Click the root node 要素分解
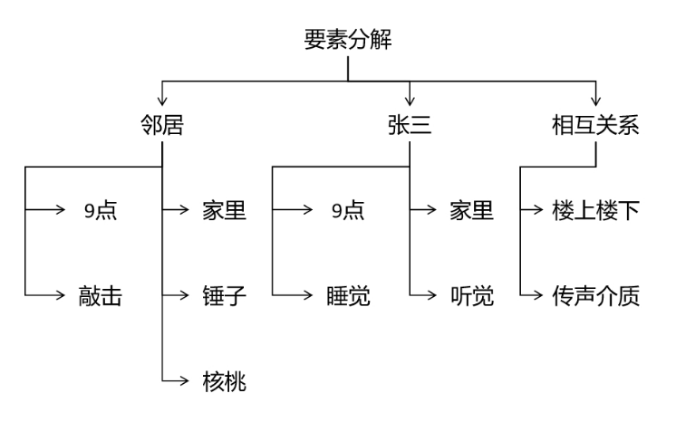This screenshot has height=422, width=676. [348, 41]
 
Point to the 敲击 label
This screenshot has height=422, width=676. [101, 295]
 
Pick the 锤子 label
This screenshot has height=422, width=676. [225, 295]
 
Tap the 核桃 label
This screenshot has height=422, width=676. [225, 380]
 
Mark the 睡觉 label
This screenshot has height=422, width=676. [348, 295]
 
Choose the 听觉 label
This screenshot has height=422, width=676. [472, 295]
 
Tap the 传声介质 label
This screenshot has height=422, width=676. [595, 295]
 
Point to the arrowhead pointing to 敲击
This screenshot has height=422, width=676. [53, 295]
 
